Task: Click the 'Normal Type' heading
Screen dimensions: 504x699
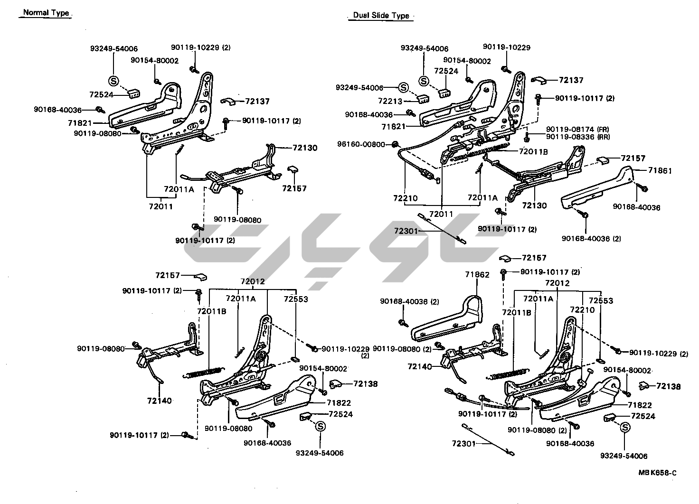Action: (x=46, y=13)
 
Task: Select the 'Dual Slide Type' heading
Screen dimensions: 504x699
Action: (x=381, y=15)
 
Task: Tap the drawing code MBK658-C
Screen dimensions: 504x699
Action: (x=657, y=473)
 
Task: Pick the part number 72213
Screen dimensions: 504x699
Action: (x=390, y=101)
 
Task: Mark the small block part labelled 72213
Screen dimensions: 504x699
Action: (x=422, y=99)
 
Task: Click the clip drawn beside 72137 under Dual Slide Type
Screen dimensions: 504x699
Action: (x=539, y=79)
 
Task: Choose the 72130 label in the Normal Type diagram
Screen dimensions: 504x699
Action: (x=305, y=148)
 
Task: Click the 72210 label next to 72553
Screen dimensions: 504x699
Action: (x=582, y=309)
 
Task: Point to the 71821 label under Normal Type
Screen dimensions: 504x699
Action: (x=80, y=123)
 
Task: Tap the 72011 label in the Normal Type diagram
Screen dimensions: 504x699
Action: (x=161, y=206)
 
